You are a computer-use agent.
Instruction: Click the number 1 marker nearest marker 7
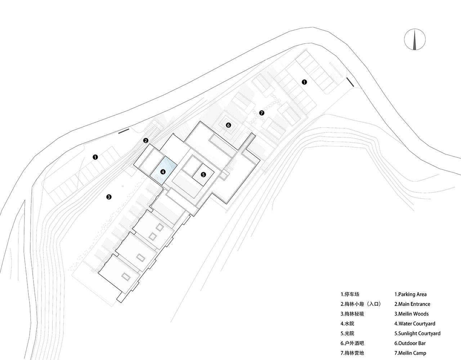[x=304, y=82]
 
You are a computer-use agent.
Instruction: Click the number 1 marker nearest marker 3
[x=95, y=157]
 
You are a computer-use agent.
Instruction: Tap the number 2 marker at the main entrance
[x=146, y=141]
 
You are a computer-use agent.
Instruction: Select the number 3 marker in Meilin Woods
[x=109, y=197]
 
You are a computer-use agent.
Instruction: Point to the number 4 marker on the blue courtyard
[x=163, y=172]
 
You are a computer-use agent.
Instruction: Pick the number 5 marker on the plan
[x=203, y=174]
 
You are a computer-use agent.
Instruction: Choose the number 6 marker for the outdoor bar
[x=228, y=125]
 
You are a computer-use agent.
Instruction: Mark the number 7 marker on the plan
[x=261, y=113]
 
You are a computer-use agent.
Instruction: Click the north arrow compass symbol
[x=415, y=40]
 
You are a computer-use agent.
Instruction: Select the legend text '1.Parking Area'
[x=411, y=294]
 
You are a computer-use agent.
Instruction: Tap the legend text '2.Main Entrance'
[x=412, y=304]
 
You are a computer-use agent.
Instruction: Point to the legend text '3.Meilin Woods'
[x=411, y=314]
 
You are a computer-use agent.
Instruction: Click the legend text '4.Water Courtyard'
[x=415, y=324]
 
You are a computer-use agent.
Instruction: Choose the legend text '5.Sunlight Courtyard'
[x=417, y=333]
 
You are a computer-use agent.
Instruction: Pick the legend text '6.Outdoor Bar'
[x=410, y=343]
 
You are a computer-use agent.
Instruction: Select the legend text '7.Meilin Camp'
[x=410, y=353]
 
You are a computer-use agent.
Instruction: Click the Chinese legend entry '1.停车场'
[x=350, y=294]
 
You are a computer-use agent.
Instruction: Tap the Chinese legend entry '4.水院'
[x=347, y=324]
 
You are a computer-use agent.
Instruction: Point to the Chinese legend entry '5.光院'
[x=347, y=333]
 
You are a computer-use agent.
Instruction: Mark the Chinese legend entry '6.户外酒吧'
[x=352, y=343]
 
